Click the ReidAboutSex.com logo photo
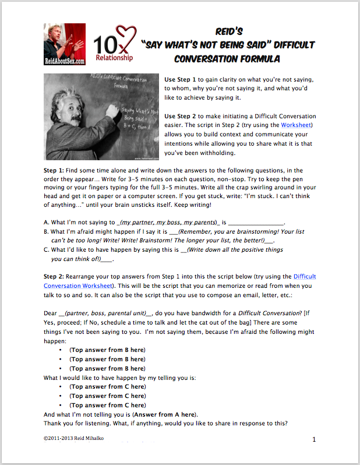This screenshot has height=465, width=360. pos(63,44)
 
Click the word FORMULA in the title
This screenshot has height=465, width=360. pos(256,58)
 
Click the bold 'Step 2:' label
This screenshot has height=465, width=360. pos(57,276)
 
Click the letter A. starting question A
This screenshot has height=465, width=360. pos(47,222)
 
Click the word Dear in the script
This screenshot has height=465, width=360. pos(51,313)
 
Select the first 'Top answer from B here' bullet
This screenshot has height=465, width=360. pos(107,350)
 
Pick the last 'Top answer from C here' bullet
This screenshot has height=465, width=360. pos(107,405)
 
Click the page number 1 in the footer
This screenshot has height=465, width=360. pos(314,439)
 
